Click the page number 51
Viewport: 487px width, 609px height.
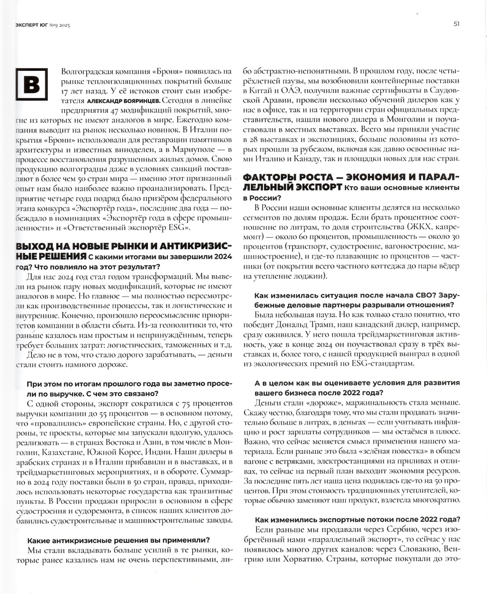click(x=456, y=24)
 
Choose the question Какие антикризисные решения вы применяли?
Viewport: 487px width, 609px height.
click(x=118, y=540)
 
